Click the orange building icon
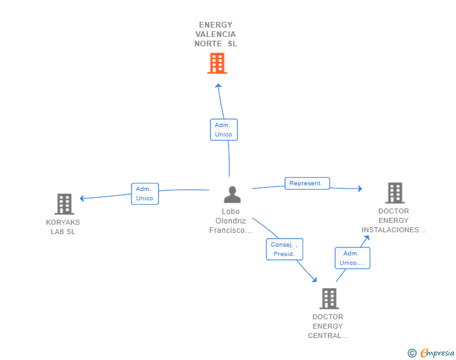pos(217,63)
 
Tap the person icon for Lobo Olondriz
pos(232,195)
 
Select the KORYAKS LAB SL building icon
pos(65,204)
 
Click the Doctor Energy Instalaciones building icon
pos(395,193)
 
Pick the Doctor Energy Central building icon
pos(329,299)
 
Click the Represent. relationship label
pos(307,183)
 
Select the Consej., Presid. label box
pos(284,249)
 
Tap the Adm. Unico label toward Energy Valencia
pos(224,130)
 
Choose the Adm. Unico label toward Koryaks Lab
pos(145,193)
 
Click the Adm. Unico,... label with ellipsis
pos(353,258)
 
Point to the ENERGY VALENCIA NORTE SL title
pos(215,34)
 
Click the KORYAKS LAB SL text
pos(63,227)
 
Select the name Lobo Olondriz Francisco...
pos(231,221)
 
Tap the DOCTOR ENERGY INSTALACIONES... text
pos(393,220)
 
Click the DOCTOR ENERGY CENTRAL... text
pos(328,326)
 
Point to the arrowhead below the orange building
pos(219,86)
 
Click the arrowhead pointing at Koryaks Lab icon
pos(81,198)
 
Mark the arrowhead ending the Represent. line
pos(360,188)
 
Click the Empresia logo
pos(437,353)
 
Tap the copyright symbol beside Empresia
pos(412,353)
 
